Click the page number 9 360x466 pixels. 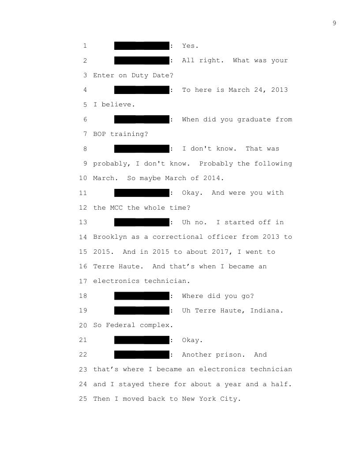tap(334, 23)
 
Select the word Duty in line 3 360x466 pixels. tap(140, 75)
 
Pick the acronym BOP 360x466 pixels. tap(99, 134)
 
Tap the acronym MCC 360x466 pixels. tap(116, 207)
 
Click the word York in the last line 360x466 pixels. tap(208, 399)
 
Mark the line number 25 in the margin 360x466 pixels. tap(84, 399)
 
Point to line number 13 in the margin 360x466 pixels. tap(84, 222)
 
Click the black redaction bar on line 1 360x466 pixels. tap(142, 45)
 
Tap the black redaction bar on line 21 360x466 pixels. tap(142, 340)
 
